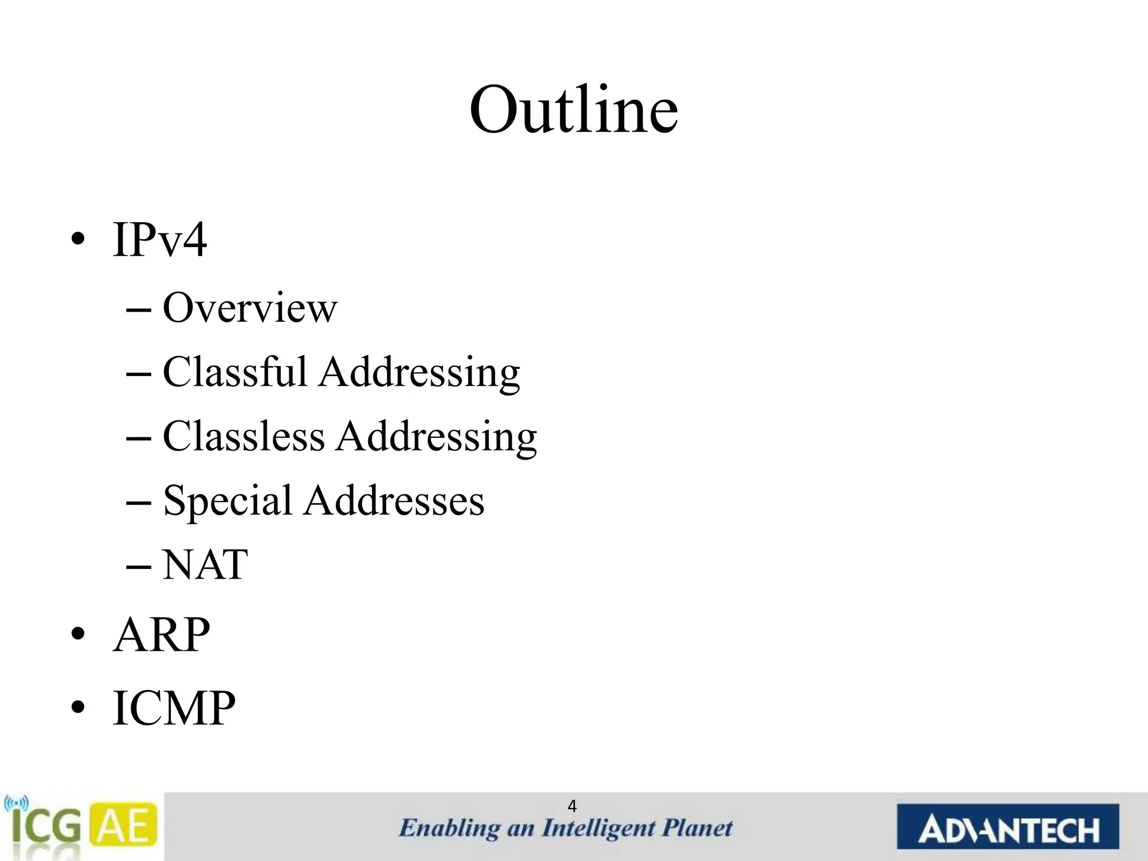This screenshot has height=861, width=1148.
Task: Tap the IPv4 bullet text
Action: pyautogui.click(x=160, y=240)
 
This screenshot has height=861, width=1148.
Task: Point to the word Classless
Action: pyautogui.click(x=243, y=436)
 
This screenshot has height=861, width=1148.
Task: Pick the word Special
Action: pyautogui.click(x=227, y=501)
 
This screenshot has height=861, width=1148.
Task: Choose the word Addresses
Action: pyautogui.click(x=394, y=501)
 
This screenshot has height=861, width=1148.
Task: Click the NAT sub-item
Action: pyautogui.click(x=205, y=564)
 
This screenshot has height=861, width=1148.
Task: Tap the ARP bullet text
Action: pyautogui.click(x=161, y=635)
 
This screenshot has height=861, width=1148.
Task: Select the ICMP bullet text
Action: pyautogui.click(x=174, y=709)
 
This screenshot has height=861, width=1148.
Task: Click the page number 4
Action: pyautogui.click(x=572, y=806)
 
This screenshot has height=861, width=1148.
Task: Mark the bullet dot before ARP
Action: pyautogui.click(x=78, y=635)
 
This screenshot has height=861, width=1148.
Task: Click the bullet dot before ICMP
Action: pyautogui.click(x=78, y=708)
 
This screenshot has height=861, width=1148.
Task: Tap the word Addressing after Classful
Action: pyautogui.click(x=419, y=373)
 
